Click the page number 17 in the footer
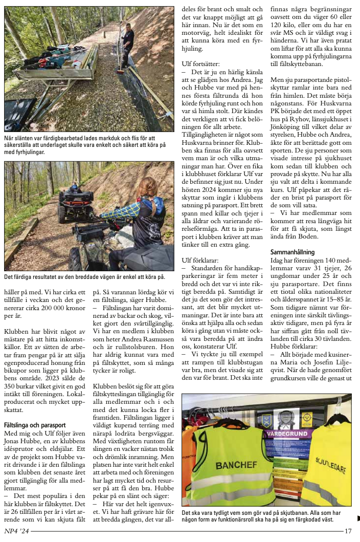point(348,531)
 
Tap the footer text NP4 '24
point(16,532)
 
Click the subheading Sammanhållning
point(292,252)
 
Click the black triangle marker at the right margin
point(357,518)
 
